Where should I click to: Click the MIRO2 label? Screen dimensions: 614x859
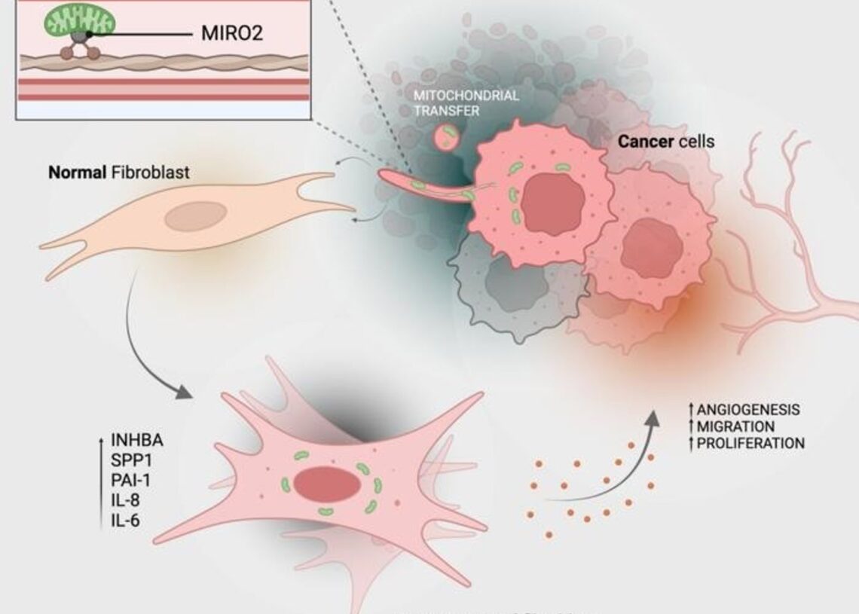pos(232,33)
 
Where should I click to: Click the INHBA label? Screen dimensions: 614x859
pos(136,440)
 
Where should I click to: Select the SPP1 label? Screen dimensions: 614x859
pos(130,460)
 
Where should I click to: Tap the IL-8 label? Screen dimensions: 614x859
pos(125,499)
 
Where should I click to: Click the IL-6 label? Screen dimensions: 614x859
pos(125,519)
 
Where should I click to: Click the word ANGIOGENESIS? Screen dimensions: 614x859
pos(748,410)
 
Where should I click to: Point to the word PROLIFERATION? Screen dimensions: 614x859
pos(750,443)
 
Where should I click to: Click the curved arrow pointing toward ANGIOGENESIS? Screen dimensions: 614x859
pos(610,467)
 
